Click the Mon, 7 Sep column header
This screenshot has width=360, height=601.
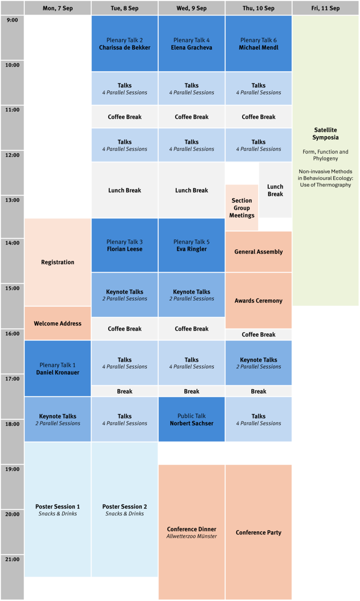tap(58, 8)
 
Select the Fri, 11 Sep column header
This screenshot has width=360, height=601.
tap(325, 8)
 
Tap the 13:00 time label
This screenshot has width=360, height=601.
tap(12, 200)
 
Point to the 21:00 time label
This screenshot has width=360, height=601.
tap(12, 559)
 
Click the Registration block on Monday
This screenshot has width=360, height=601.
tap(58, 262)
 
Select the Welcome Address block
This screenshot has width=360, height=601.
tap(58, 323)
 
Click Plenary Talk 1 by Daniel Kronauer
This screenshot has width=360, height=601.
tap(58, 369)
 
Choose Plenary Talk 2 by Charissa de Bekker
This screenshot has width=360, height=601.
tap(125, 44)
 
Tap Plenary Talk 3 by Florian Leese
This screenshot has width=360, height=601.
tap(125, 245)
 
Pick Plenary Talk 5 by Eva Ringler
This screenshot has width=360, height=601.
tap(192, 245)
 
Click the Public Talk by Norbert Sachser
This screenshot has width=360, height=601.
tap(192, 419)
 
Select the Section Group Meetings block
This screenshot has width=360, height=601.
tap(242, 208)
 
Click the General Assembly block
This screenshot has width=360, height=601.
tap(259, 252)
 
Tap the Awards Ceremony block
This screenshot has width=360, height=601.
tap(259, 301)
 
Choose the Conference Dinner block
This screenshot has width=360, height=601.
tap(192, 532)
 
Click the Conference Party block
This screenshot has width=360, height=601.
tap(259, 532)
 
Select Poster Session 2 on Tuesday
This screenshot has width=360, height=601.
tap(125, 510)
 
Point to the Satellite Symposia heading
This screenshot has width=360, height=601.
tap(325, 134)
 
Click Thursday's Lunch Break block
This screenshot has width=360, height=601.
tap(275, 190)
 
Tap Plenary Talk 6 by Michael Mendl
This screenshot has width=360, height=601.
tap(259, 44)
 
